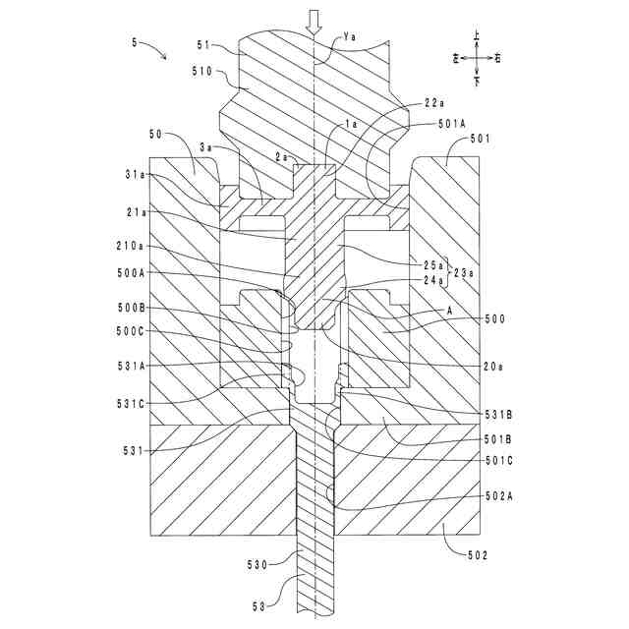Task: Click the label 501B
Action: click(x=501, y=437)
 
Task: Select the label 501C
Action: click(x=501, y=460)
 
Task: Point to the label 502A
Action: click(x=500, y=496)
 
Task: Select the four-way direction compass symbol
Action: click(x=476, y=57)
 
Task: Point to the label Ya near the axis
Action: click(x=351, y=37)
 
